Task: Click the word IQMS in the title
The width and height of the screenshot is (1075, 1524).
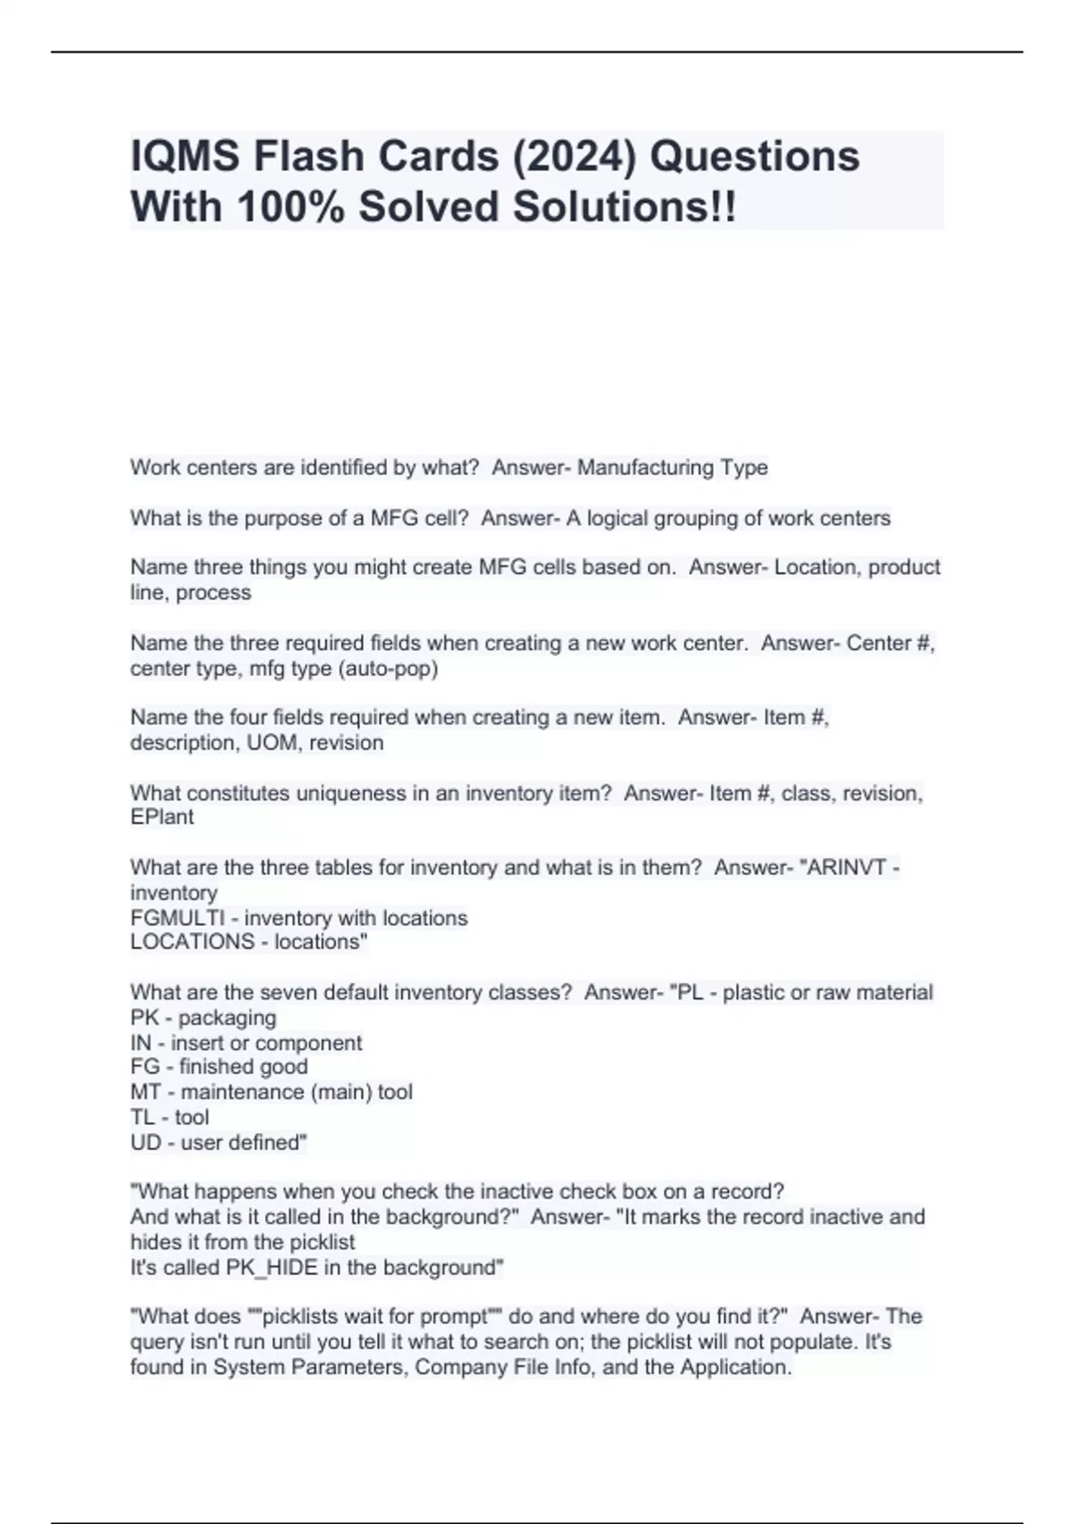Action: (185, 157)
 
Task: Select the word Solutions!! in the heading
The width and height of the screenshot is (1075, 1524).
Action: (624, 207)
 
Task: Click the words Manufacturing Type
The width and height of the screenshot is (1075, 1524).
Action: (672, 468)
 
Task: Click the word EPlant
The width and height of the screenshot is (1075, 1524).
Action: (161, 818)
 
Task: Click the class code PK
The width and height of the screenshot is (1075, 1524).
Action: (144, 1018)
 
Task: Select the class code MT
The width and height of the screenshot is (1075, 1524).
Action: (145, 1093)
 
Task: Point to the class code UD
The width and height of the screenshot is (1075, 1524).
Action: (145, 1143)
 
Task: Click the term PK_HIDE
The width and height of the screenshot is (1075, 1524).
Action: (270, 1268)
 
